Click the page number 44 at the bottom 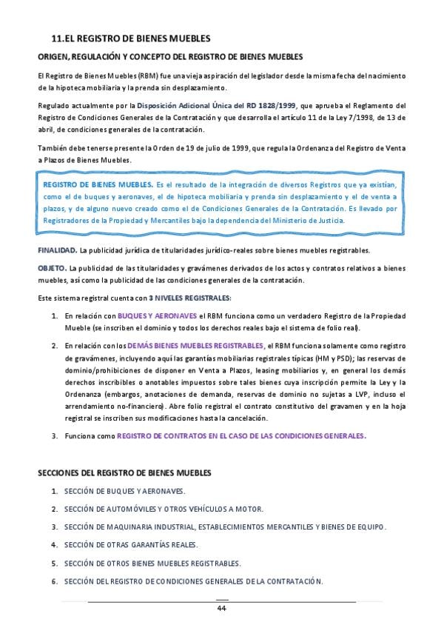click(221, 608)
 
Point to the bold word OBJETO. click(53, 267)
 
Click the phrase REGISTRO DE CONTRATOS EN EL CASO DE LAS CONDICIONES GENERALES click(241, 436)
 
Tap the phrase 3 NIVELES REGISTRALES click(188, 298)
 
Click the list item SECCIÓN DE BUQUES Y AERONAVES click(124, 491)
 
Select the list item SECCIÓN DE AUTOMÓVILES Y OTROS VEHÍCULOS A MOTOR click(164, 509)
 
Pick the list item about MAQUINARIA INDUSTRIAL click(225, 527)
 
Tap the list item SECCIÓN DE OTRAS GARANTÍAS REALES click(131, 545)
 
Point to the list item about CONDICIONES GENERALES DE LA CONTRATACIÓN click(194, 581)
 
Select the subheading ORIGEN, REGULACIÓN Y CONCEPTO click(170, 57)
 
